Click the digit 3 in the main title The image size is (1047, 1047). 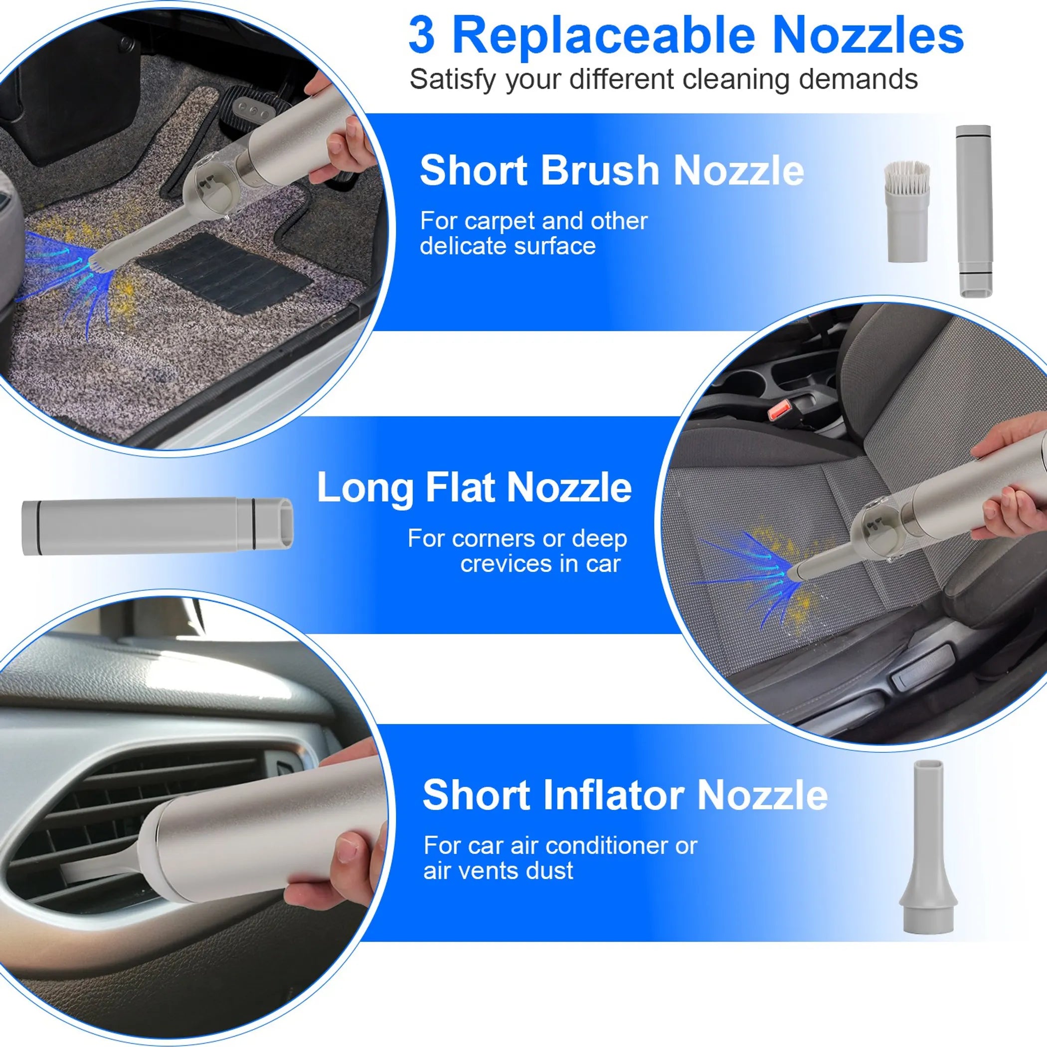click(422, 36)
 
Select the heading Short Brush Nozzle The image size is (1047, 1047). click(611, 171)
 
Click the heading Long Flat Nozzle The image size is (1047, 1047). click(474, 488)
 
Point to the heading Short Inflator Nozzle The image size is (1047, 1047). click(625, 795)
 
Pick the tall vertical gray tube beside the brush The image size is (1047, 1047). click(974, 211)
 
